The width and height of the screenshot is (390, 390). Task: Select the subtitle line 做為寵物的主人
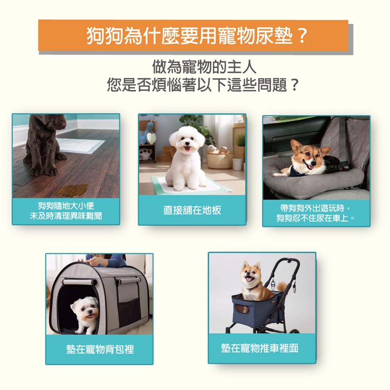(x=204, y=67)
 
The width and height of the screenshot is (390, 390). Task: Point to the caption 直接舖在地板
(x=192, y=210)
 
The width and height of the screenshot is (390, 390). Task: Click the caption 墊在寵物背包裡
(x=100, y=349)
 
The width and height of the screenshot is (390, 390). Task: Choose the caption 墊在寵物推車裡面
(x=260, y=348)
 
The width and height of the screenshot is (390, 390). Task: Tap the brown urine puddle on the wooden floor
(x=71, y=190)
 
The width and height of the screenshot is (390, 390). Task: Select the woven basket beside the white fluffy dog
(x=220, y=159)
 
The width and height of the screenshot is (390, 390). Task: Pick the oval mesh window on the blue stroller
(x=242, y=309)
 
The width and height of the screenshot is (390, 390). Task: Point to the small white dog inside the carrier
(x=85, y=313)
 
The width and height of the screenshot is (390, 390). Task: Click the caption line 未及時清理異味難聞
(x=66, y=216)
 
